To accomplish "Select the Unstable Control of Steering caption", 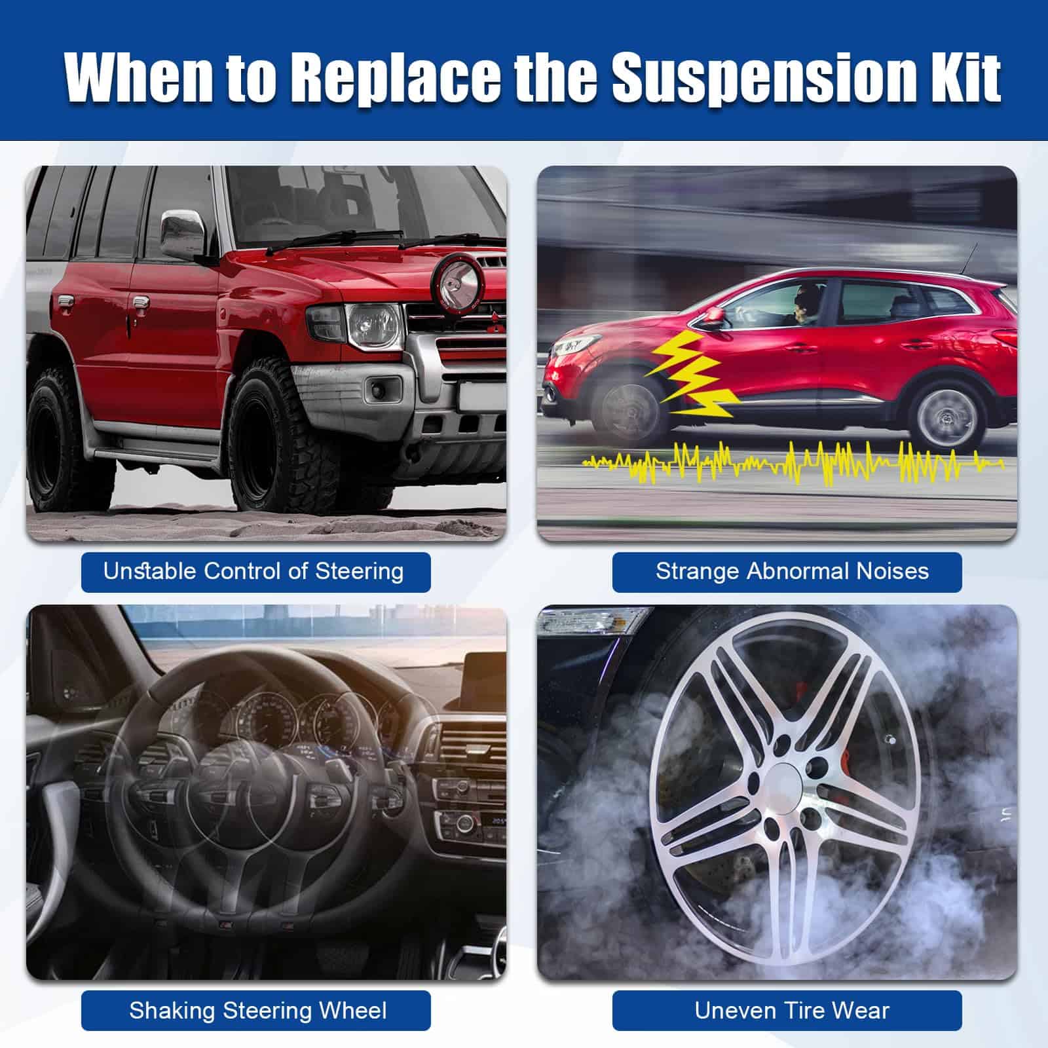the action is click(x=253, y=571).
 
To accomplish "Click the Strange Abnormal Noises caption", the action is click(x=792, y=571).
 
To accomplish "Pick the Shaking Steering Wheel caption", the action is click(x=258, y=1010).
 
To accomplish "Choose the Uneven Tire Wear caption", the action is click(x=792, y=1010).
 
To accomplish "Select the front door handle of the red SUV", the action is click(x=140, y=303).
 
